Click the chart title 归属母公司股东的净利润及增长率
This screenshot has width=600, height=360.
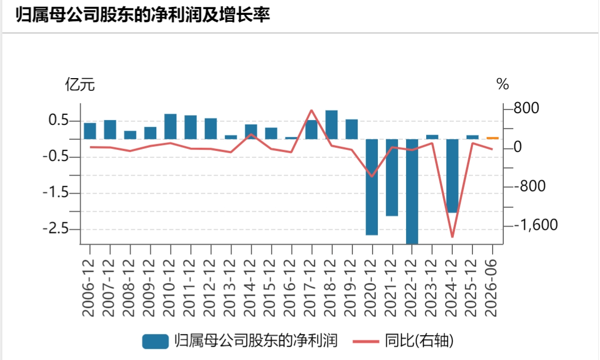click(x=143, y=14)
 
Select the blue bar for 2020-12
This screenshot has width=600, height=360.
click(x=372, y=187)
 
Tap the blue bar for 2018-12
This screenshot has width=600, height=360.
click(x=332, y=124)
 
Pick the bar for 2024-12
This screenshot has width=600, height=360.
click(x=452, y=176)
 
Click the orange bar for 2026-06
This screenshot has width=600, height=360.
click(x=493, y=138)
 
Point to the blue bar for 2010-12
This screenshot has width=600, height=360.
click(x=170, y=127)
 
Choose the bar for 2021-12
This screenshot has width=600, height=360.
click(x=392, y=177)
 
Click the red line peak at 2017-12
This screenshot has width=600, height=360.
click(x=311, y=110)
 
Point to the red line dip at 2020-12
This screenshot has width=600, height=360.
click(x=372, y=177)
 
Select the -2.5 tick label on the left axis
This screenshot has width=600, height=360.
click(x=55, y=229)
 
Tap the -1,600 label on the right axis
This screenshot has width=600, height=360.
click(x=536, y=225)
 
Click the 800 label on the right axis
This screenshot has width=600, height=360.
click(x=526, y=108)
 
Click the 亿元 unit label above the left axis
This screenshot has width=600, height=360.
click(x=80, y=84)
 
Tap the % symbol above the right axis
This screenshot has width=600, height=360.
click(x=502, y=84)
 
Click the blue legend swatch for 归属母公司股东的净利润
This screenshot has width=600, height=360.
click(x=155, y=341)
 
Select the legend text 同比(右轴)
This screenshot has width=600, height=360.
click(x=419, y=340)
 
